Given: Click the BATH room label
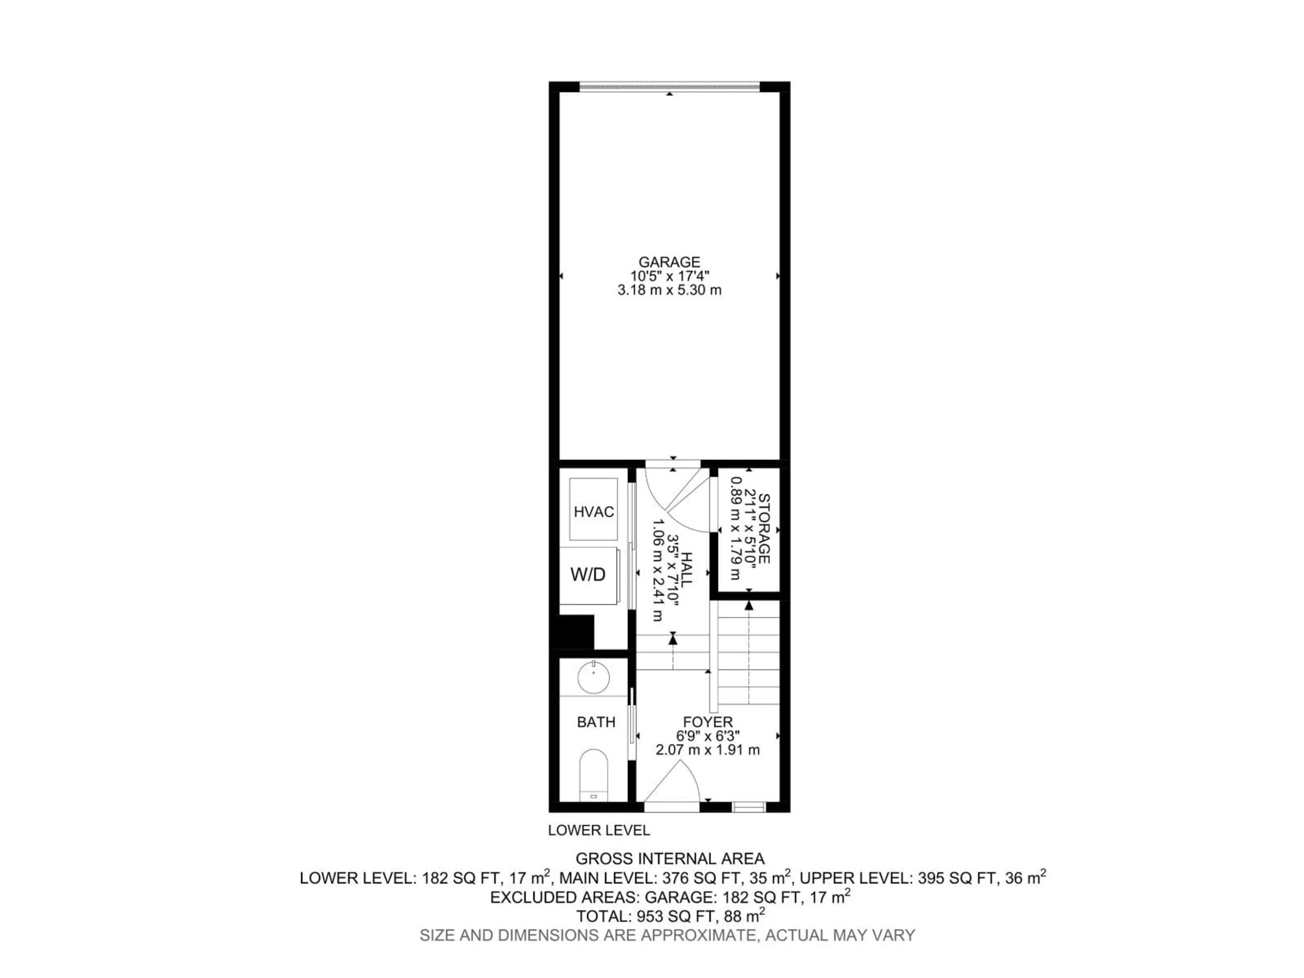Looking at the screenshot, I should coord(596,722).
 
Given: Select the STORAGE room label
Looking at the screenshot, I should coord(763,529).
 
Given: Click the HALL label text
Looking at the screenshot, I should coord(686,569).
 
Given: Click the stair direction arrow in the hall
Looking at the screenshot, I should coord(673,638).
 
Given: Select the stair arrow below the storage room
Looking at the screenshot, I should coord(749,605).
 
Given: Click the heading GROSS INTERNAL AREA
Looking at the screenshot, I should coord(670,858).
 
